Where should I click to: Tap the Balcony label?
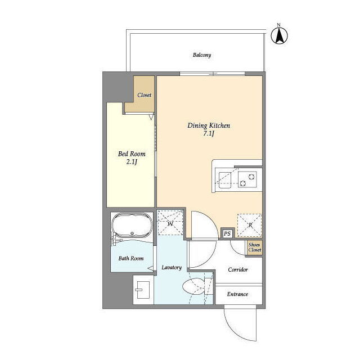pos(202,55)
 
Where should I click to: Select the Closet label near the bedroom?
pos(145,95)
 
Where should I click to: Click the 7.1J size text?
pos(209,134)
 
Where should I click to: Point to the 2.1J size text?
pos(132,162)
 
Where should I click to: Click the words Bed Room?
pos(132,154)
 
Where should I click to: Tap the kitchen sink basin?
pos(225,180)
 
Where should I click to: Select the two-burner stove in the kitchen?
pos(247,179)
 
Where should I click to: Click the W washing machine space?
pos(170,223)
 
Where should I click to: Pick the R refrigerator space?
pos(250,225)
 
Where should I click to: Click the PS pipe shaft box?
pos(227,234)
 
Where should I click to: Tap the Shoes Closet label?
pos(255,247)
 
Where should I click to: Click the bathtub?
pos(132,225)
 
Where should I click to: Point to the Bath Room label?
pos(131,258)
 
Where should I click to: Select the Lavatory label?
pos(172,268)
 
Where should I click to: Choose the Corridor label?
pos(238,269)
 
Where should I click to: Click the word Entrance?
pos(237,294)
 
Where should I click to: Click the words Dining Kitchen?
pos(209,125)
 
